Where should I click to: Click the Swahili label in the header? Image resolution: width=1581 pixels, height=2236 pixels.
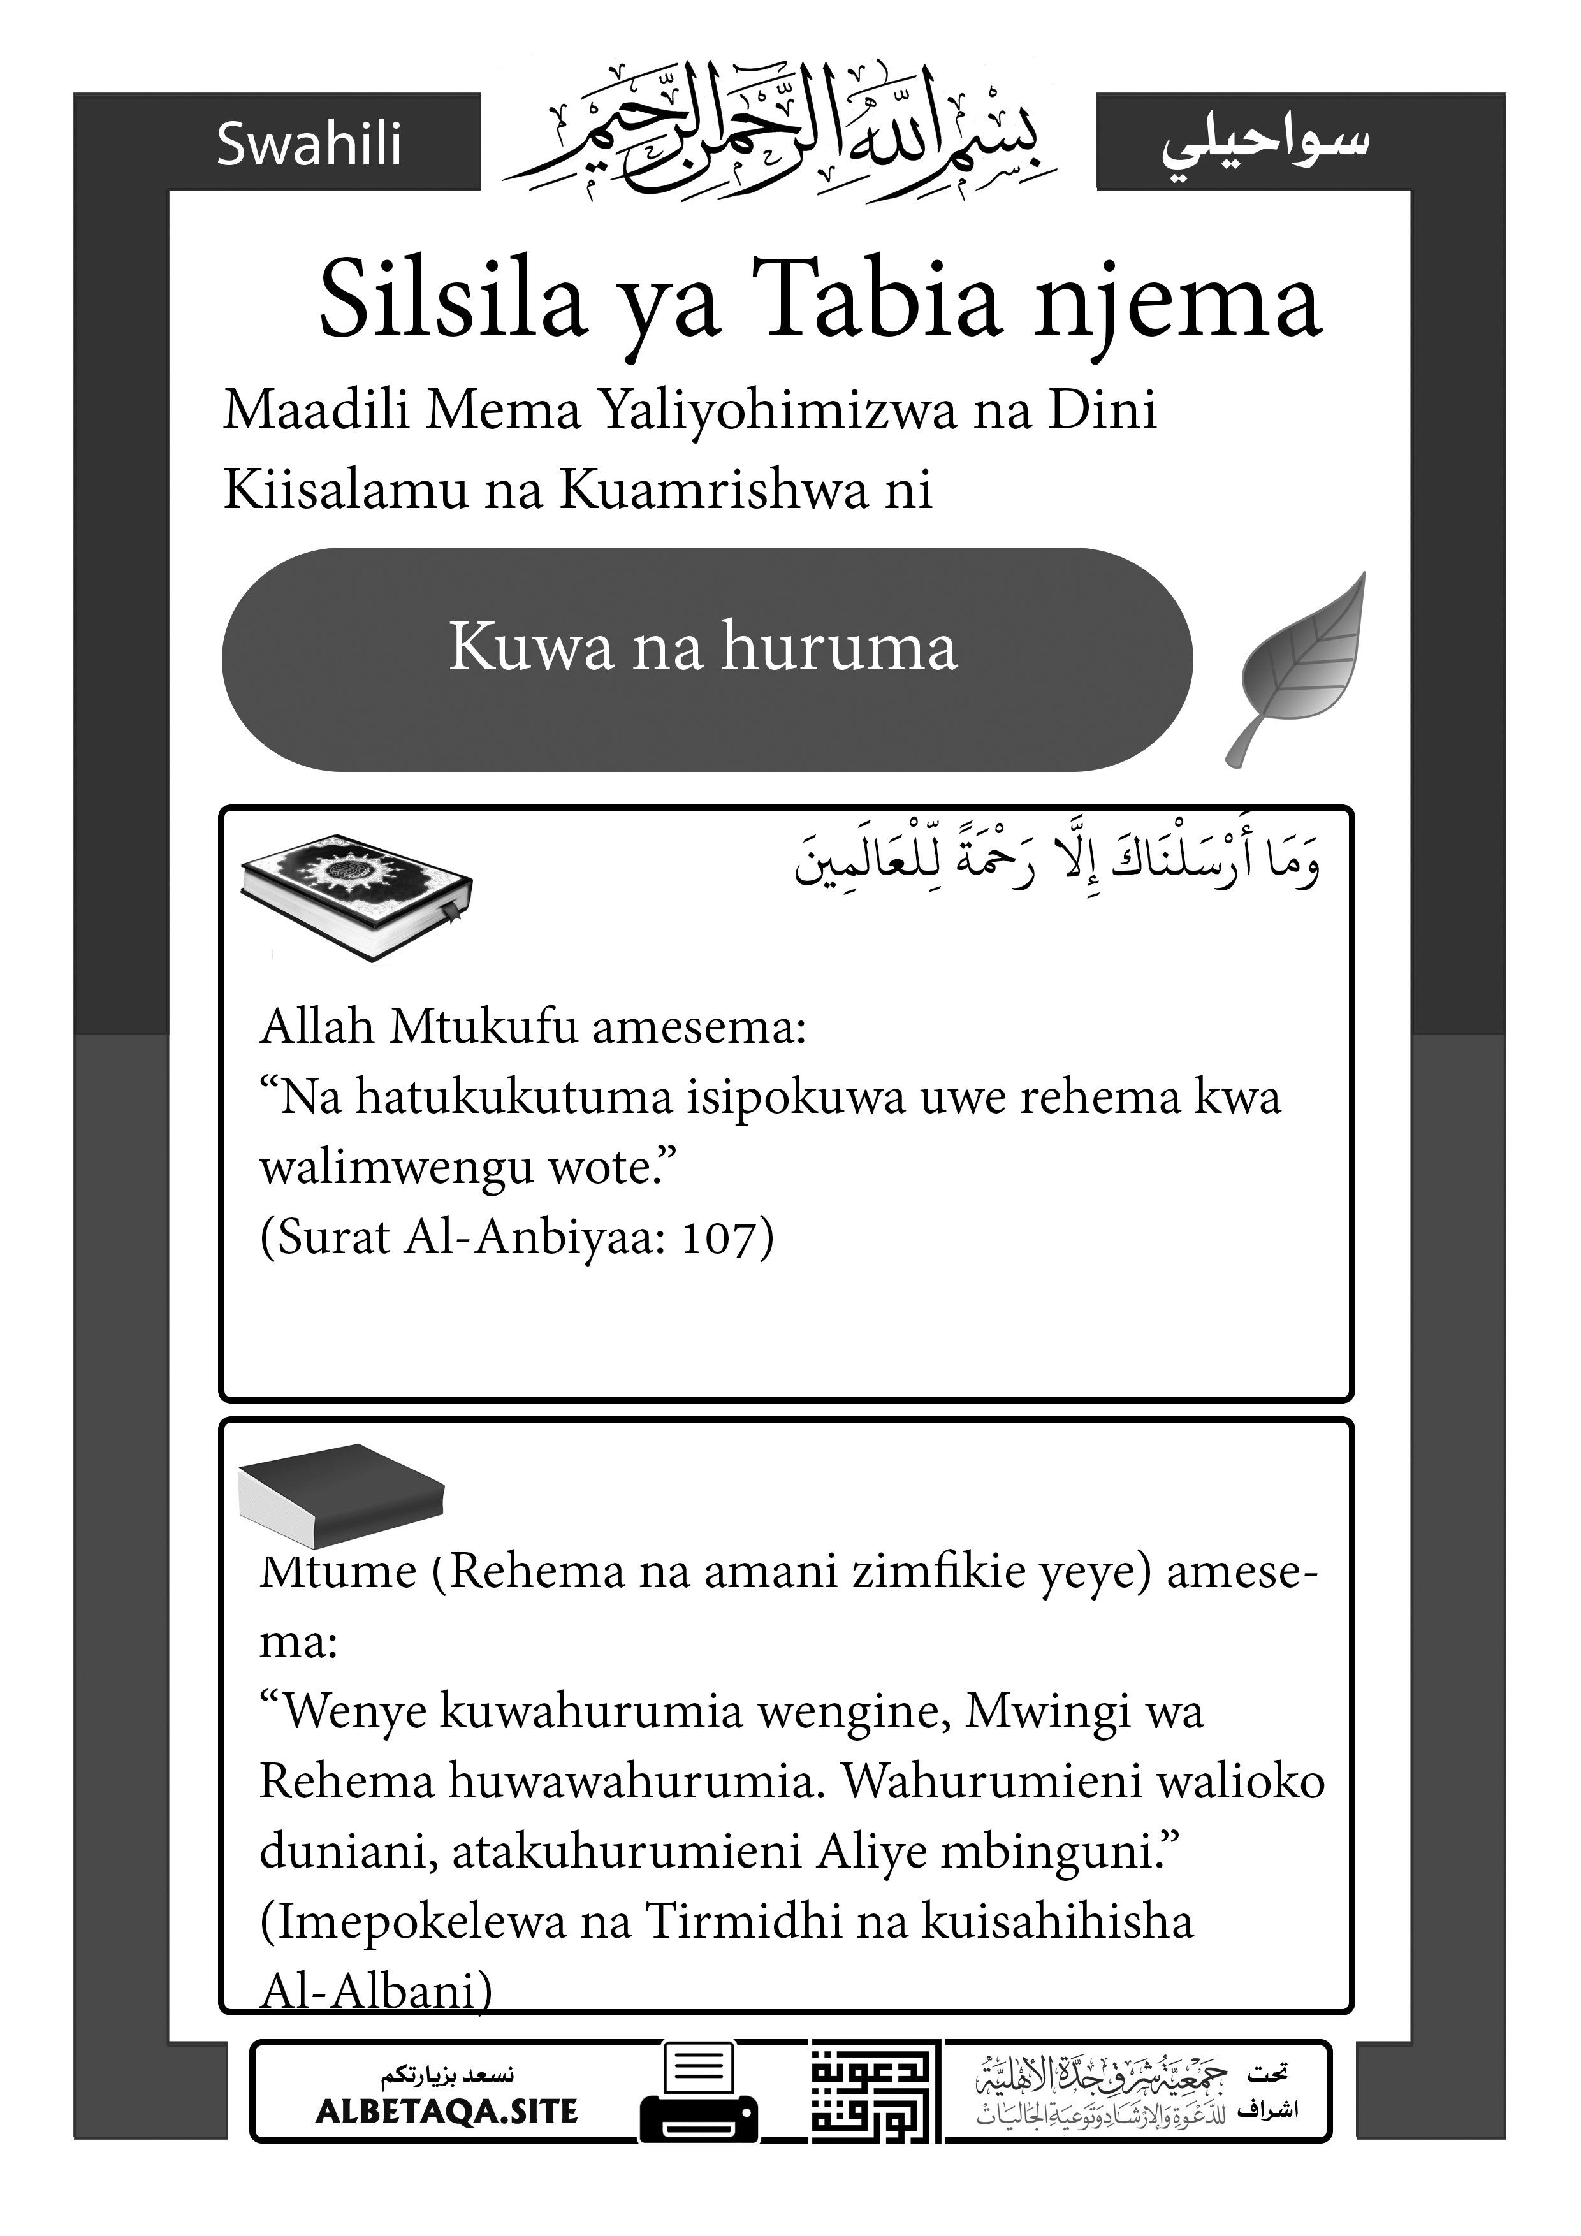[309, 144]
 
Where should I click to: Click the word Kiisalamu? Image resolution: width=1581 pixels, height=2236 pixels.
[345, 489]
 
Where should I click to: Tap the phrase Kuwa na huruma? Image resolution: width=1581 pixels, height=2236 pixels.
[703, 647]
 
